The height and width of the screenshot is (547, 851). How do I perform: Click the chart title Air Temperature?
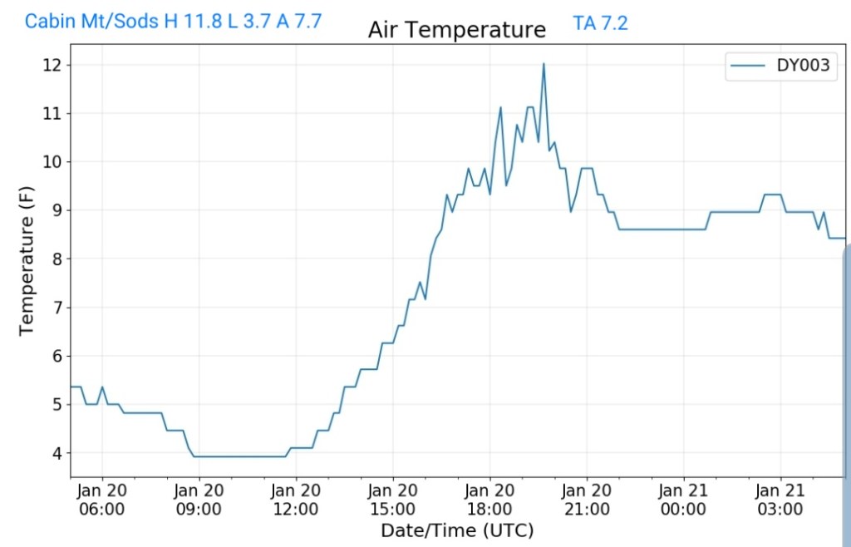tap(457, 31)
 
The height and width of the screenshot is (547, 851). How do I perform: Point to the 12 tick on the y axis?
tap(53, 65)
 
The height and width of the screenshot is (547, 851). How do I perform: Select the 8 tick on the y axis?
tap(57, 259)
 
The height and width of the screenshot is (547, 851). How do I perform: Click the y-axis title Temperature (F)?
tap(27, 261)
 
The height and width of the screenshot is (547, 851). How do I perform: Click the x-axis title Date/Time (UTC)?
tap(456, 530)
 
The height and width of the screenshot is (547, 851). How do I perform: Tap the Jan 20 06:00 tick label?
tap(102, 500)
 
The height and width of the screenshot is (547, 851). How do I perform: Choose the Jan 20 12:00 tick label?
tap(296, 500)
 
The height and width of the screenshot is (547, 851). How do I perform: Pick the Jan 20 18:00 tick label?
tap(489, 500)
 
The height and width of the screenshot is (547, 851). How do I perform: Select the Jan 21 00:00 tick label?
tap(683, 500)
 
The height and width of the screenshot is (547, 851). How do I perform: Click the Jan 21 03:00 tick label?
tap(780, 500)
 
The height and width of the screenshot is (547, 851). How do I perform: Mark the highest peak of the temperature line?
tap(544, 64)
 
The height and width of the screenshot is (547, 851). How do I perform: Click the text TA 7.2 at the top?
tap(600, 23)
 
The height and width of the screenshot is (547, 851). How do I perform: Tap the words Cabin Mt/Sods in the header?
tap(92, 22)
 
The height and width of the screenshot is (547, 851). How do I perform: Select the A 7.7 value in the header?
tap(299, 22)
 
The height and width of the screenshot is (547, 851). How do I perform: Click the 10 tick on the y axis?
tap(53, 162)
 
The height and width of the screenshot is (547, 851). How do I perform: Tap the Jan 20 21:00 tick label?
tap(587, 500)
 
